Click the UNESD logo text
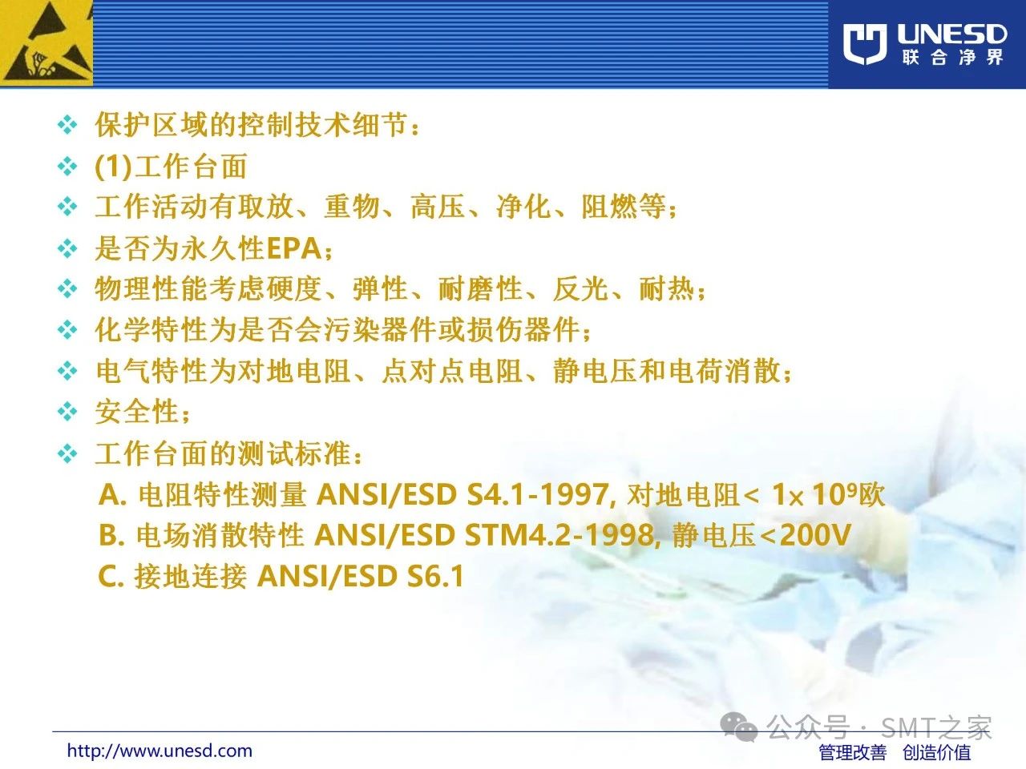(x=951, y=34)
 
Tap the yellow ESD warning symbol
(x=46, y=43)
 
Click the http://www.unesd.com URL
(x=160, y=751)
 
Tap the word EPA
(x=294, y=248)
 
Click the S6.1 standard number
(x=434, y=576)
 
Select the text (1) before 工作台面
(x=113, y=167)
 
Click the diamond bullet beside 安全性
(x=67, y=412)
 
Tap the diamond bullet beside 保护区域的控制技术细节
(x=67, y=125)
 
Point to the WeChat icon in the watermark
(x=739, y=727)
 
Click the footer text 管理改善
(x=853, y=753)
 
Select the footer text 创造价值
(x=937, y=753)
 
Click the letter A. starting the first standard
(x=113, y=494)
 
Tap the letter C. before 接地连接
(x=111, y=576)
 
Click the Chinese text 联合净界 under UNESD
(x=952, y=58)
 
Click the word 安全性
(x=137, y=412)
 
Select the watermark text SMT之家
(x=935, y=727)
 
